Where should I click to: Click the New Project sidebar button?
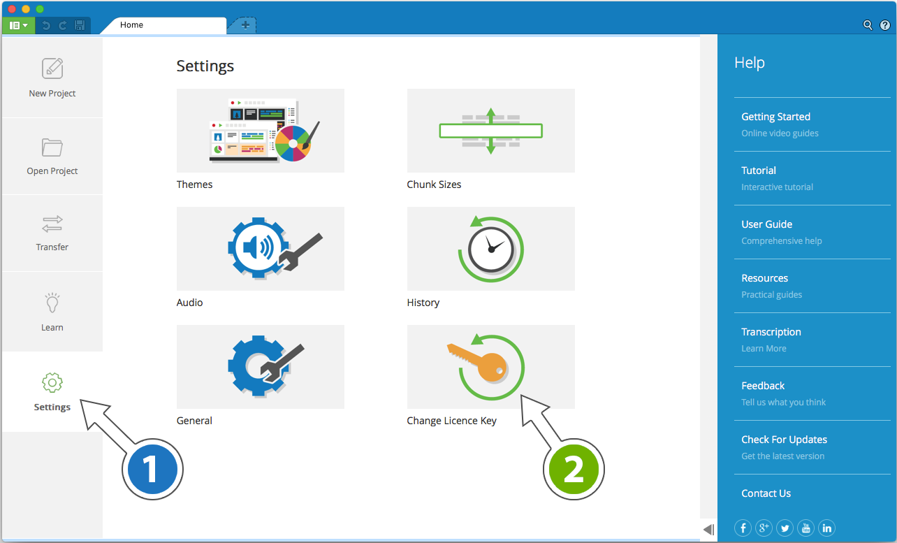52,78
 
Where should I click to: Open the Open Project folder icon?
52,147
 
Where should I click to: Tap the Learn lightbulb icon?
52,304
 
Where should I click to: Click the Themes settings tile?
260,131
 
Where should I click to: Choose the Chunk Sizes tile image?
490,131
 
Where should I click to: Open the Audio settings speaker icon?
260,249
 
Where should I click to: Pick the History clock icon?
490,249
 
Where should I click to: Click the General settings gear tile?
260,367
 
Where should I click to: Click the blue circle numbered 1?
152,470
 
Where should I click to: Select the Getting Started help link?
775,117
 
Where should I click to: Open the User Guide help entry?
766,224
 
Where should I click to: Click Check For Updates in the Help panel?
784,440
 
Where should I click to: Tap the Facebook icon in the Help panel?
743,528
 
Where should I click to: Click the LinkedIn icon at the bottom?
826,528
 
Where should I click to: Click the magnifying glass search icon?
868,25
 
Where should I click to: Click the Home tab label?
131,25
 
